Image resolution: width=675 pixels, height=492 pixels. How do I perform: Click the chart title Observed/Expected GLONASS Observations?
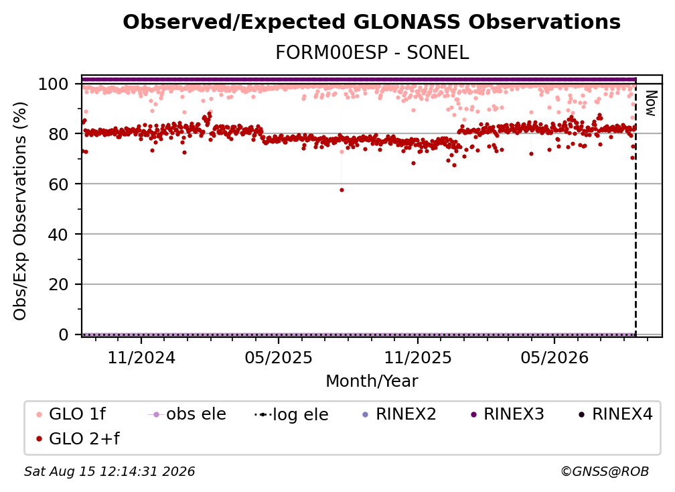click(x=372, y=22)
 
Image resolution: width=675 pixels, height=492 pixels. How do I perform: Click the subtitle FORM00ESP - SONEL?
click(x=372, y=53)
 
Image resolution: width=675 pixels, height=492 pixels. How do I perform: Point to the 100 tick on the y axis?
click(x=53, y=84)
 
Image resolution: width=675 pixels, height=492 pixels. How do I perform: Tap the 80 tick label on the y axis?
click(x=58, y=134)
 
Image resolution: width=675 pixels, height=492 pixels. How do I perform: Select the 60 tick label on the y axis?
click(x=58, y=184)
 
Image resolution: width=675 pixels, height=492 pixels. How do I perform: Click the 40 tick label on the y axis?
click(x=58, y=235)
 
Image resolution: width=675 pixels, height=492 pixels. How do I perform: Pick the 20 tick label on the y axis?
click(x=58, y=285)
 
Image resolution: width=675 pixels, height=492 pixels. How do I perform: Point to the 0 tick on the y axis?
click(x=63, y=334)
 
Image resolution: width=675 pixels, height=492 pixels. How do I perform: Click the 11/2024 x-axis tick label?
click(x=141, y=357)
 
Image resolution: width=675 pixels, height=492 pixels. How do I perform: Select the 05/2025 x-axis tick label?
click(x=279, y=357)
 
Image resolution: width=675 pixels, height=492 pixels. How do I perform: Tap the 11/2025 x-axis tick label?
click(x=418, y=357)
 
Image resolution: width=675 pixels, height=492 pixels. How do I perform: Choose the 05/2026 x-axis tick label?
click(x=554, y=357)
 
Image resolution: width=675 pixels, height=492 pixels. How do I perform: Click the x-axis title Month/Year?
click(x=372, y=381)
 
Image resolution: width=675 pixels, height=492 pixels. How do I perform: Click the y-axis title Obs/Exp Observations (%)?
click(x=20, y=211)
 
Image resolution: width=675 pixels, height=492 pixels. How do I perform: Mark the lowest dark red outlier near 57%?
click(x=342, y=190)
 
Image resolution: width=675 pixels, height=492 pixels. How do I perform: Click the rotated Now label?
click(x=651, y=103)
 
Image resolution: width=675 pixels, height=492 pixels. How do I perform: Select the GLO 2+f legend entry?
click(x=78, y=438)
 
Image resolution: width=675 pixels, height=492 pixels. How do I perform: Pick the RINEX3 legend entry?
click(x=508, y=414)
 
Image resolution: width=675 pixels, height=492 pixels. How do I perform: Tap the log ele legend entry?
click(x=291, y=414)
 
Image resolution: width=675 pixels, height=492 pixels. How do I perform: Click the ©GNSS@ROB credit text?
click(x=605, y=471)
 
